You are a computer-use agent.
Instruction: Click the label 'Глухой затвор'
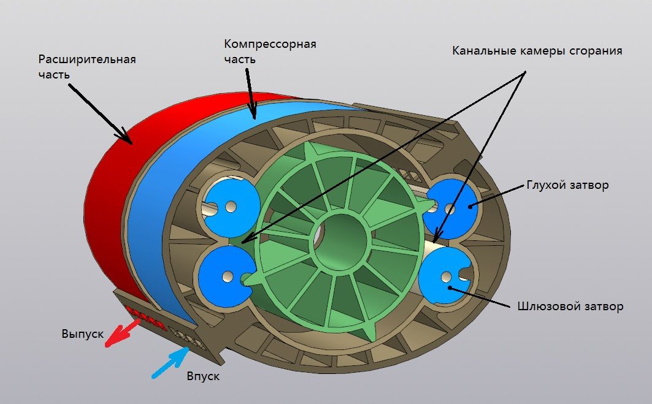pos(567,185)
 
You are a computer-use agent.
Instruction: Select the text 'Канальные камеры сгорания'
pos(537,51)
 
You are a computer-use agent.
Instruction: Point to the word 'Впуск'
pos(202,376)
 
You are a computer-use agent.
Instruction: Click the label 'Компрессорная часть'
pos(269,51)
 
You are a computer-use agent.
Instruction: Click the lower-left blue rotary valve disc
pos(222,276)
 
